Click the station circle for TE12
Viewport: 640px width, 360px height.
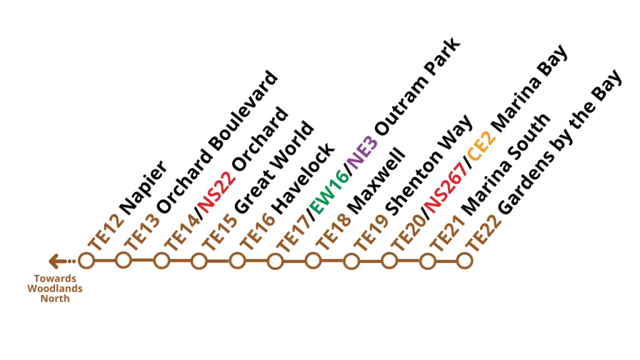(86, 260)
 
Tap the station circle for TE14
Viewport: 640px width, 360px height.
(161, 261)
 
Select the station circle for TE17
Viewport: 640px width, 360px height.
(275, 261)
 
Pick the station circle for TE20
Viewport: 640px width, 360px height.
(389, 261)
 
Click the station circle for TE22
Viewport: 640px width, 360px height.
(464, 261)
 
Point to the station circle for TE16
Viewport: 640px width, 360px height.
(237, 261)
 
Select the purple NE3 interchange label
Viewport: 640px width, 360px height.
(363, 152)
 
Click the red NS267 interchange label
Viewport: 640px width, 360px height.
(446, 187)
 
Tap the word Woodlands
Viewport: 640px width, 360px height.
(55, 289)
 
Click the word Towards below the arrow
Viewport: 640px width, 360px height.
(55, 279)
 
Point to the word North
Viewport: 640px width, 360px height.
(55, 299)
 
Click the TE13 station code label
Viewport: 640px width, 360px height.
(143, 232)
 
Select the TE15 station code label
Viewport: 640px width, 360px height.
(219, 232)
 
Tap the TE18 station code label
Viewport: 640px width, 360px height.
(334, 232)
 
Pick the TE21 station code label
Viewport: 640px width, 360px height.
(447, 234)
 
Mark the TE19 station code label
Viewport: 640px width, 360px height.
(371, 232)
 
